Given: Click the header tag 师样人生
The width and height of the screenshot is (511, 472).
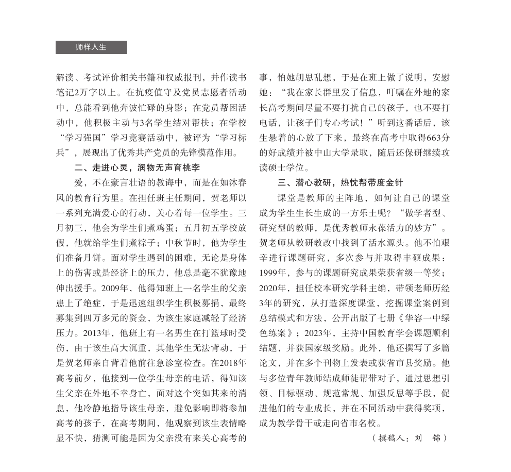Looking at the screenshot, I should click(x=91, y=47).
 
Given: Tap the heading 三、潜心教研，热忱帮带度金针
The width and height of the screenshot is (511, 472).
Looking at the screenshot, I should click(x=340, y=182).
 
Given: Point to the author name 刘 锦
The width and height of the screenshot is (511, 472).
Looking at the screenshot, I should click(x=430, y=438).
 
